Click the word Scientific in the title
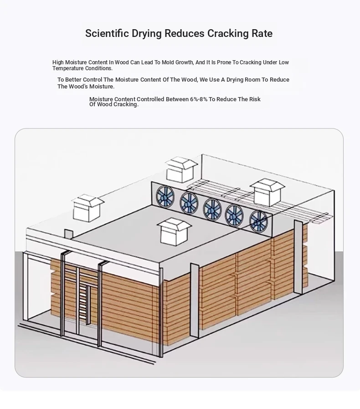(x=107, y=33)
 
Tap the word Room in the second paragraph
(x=252, y=79)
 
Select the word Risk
(x=255, y=99)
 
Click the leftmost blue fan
(x=165, y=196)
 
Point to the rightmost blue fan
(x=258, y=221)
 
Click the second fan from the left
(x=189, y=202)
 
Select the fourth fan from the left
(x=234, y=215)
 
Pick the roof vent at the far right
(x=267, y=192)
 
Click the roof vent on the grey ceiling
(x=174, y=232)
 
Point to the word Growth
(x=184, y=62)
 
